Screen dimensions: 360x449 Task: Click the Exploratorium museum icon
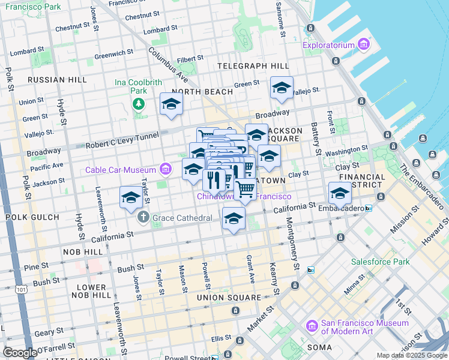363,45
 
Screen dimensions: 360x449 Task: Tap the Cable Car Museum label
121,170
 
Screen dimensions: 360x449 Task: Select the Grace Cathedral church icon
143,217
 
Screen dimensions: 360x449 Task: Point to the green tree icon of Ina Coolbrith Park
139,104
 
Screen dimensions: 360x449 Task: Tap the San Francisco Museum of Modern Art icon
312,326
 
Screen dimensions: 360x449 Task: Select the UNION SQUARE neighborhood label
229,298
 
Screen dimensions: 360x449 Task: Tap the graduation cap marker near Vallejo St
282,88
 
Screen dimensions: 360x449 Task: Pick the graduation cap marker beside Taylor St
131,197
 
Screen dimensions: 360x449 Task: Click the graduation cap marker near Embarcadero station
339,194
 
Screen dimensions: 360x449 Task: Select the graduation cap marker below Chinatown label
234,218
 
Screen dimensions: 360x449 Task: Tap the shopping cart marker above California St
245,188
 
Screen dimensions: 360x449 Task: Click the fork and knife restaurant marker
214,179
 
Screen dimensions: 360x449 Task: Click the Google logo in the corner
20,353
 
